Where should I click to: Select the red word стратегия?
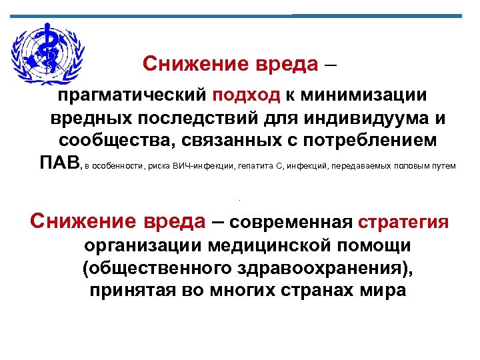403,222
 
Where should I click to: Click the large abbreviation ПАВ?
59,164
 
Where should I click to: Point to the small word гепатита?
254,166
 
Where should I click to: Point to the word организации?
141,245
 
